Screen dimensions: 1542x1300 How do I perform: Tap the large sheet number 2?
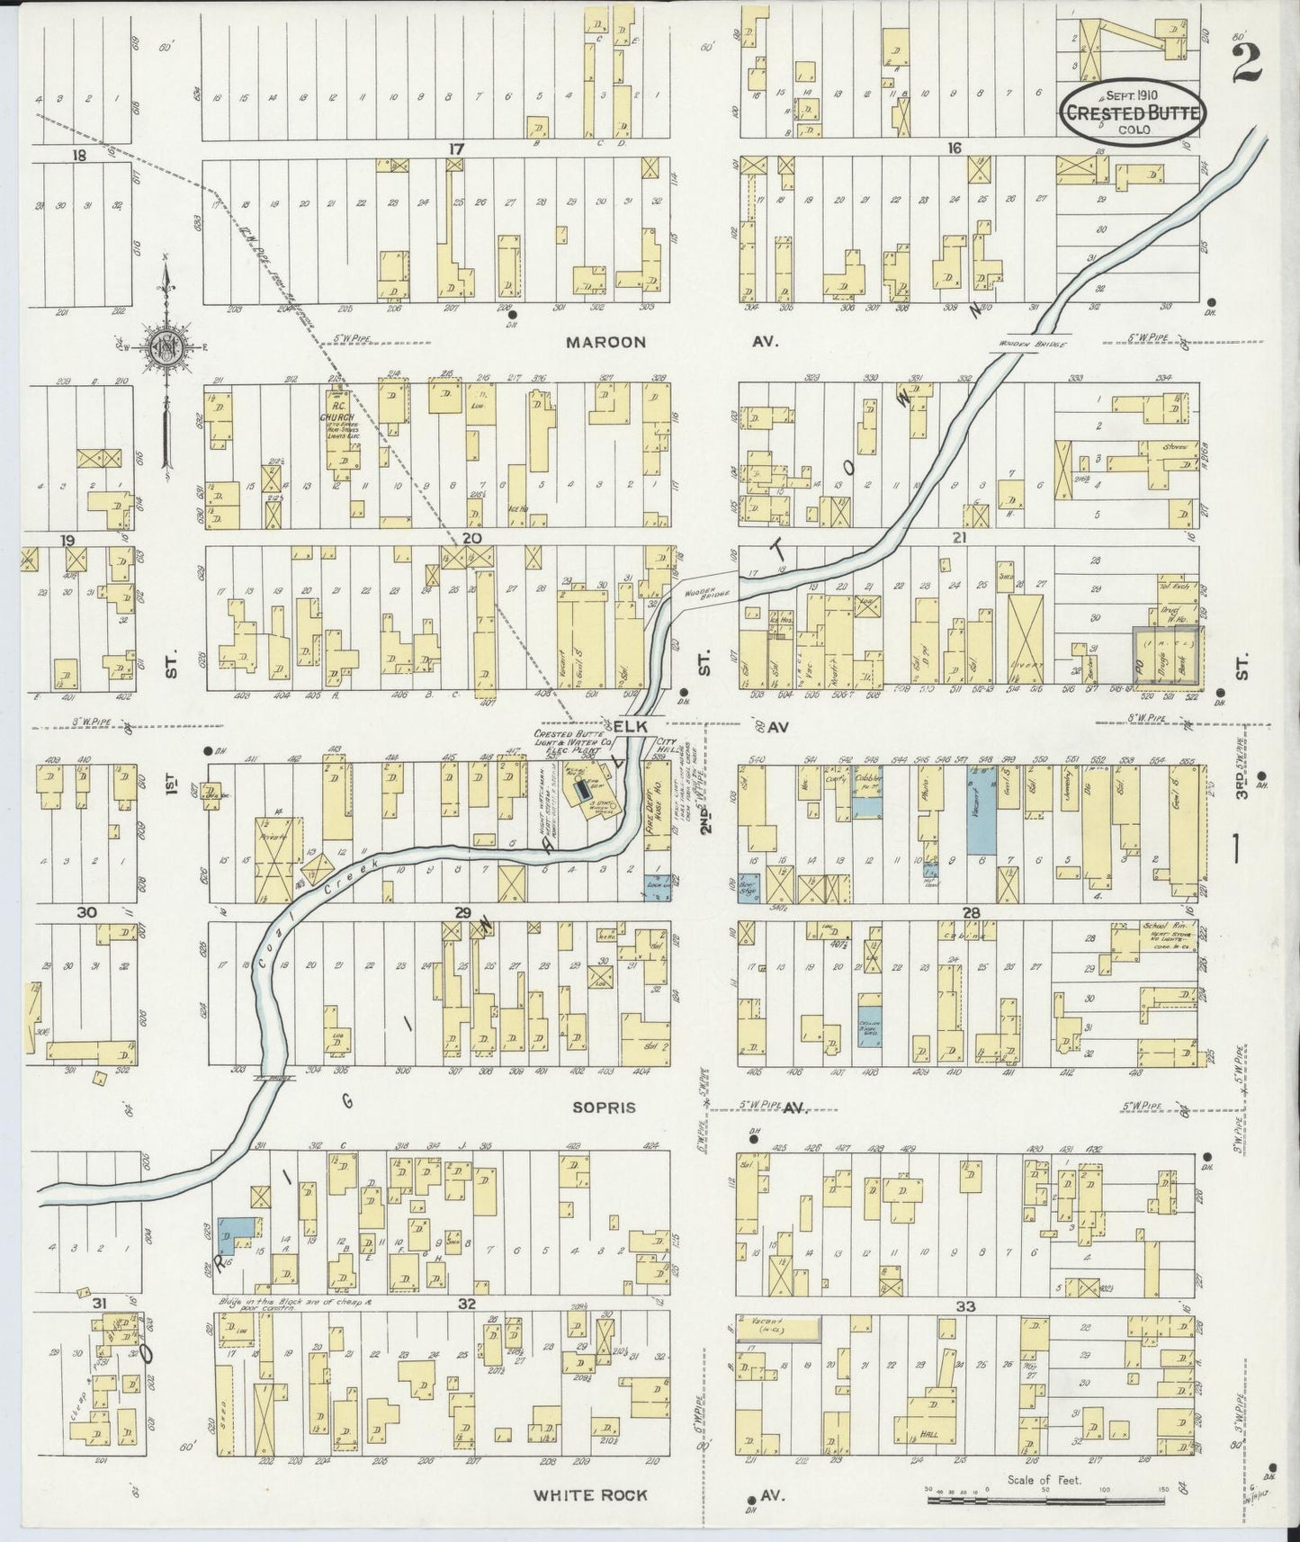coord(1247,61)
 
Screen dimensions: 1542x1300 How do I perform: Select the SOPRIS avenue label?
coord(604,1107)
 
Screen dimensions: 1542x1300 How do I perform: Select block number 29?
coord(462,912)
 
